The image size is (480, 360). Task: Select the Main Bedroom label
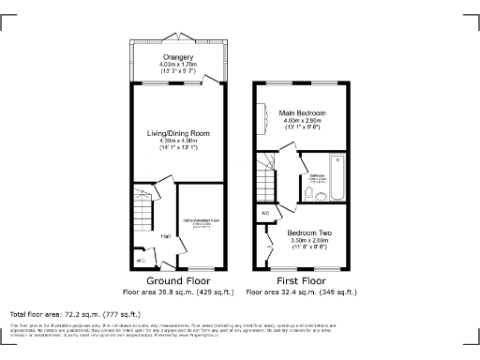pyautogui.click(x=308, y=113)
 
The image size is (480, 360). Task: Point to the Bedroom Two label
pyautogui.click(x=308, y=232)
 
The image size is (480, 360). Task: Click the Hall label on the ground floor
pyautogui.click(x=164, y=236)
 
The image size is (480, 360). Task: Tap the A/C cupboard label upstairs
pyautogui.click(x=265, y=214)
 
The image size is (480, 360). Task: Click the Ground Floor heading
pyautogui.click(x=176, y=280)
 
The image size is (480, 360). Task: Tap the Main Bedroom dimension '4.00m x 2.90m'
pyautogui.click(x=308, y=121)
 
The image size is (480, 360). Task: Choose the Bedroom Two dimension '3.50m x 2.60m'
pyautogui.click(x=308, y=240)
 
